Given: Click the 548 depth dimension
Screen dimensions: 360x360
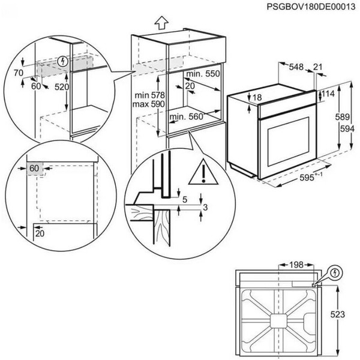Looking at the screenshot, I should point(293,67).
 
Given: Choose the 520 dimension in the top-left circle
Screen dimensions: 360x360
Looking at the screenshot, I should point(62,87).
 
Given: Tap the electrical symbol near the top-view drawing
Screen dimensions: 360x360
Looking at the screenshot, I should point(335,273).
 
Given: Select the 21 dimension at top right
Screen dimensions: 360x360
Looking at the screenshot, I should point(317,67).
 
